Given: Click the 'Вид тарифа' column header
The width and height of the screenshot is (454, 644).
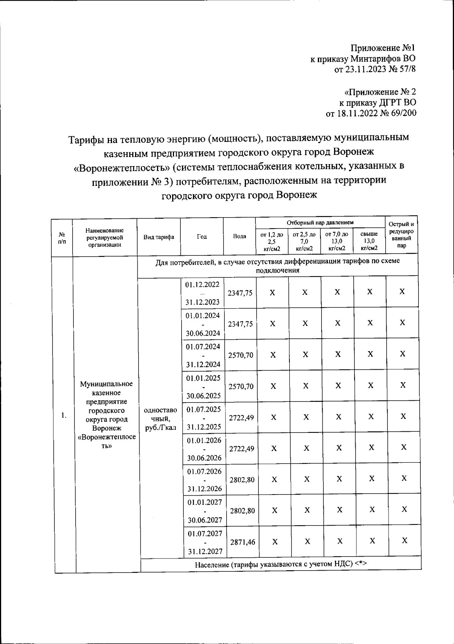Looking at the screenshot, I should click(x=159, y=237).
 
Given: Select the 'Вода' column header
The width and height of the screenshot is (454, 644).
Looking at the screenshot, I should click(x=239, y=236).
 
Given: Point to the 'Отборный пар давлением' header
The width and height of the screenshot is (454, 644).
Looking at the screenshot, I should click(x=320, y=222).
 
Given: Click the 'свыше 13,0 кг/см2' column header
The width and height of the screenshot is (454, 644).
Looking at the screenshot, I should click(x=369, y=241).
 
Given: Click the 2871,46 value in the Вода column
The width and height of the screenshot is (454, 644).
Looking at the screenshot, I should click(x=242, y=542).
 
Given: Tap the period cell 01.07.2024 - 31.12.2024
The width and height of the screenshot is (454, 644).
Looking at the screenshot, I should click(x=203, y=355).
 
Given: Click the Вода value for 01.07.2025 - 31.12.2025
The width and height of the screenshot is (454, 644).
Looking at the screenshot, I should click(x=242, y=418).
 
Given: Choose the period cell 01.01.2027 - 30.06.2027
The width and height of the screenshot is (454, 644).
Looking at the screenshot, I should click(x=205, y=511).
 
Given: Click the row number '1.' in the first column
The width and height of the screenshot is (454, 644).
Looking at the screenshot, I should click(x=64, y=415).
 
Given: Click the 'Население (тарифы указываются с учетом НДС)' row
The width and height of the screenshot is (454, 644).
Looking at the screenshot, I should click(x=281, y=564).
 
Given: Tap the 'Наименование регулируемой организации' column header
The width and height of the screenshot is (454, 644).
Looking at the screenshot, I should click(x=104, y=237).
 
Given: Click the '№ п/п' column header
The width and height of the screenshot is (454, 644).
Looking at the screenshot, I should click(x=61, y=238).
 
